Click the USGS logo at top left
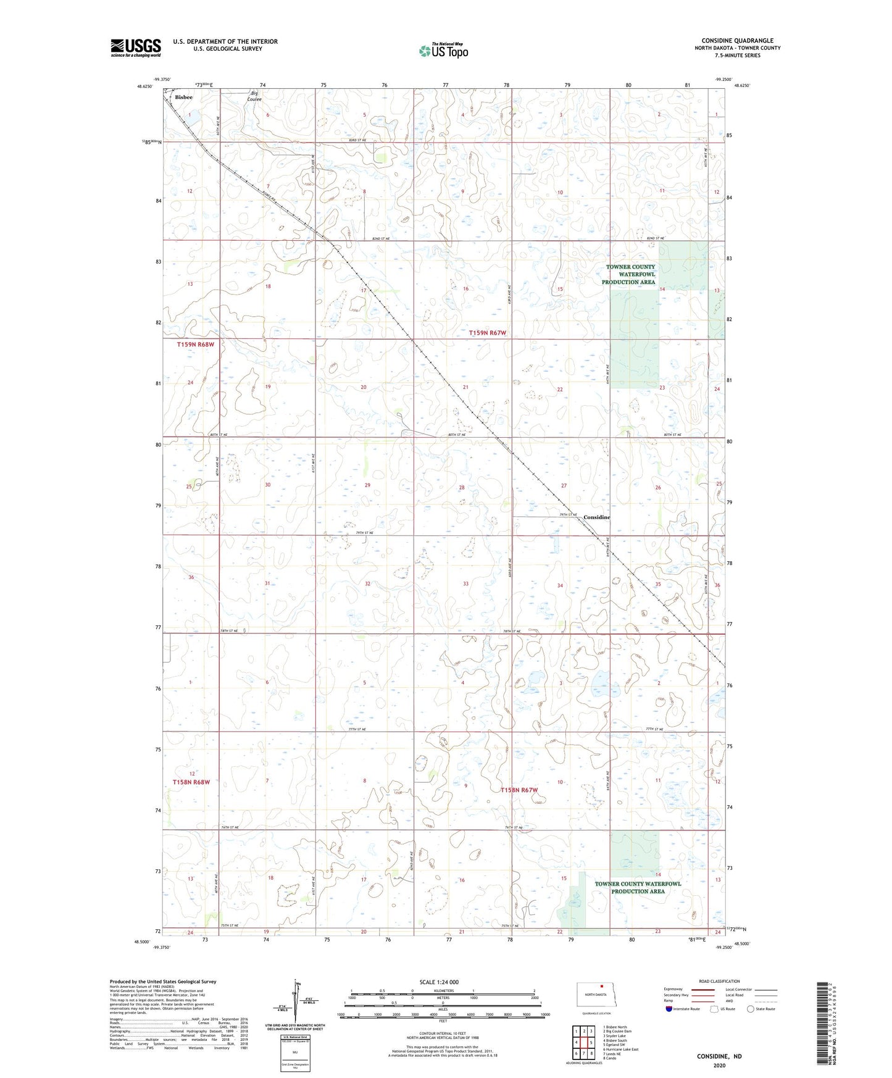pyautogui.click(x=135, y=48)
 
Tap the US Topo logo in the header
pyautogui.click(x=443, y=51)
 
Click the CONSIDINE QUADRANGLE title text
pyautogui.click(x=737, y=41)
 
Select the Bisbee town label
pyautogui.click(x=183, y=98)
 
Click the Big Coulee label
pyautogui.click(x=255, y=96)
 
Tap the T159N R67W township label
pyautogui.click(x=487, y=333)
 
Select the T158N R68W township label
pyautogui.click(x=191, y=782)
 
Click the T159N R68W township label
pyautogui.click(x=195, y=345)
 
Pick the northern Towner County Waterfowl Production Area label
pyautogui.click(x=630, y=274)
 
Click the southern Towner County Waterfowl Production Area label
pyautogui.click(x=638, y=887)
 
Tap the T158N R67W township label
pyautogui.click(x=519, y=790)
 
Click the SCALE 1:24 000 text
pyautogui.click(x=439, y=982)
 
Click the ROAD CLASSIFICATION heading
pyautogui.click(x=719, y=981)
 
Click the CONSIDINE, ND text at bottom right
pyautogui.click(x=719, y=1056)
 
